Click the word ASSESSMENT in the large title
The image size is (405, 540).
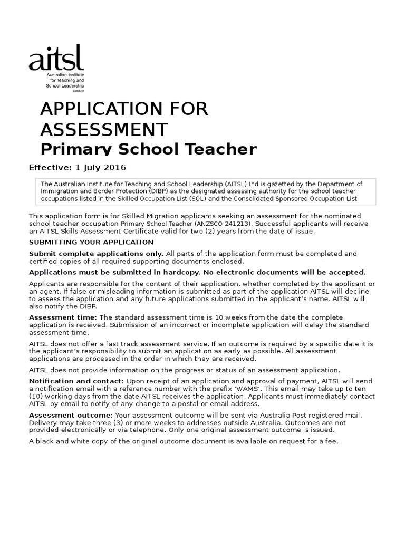point(104,129)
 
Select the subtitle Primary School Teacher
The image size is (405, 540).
point(149,149)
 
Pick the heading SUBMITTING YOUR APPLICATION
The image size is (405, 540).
point(91,242)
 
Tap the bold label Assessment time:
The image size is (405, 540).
point(63,317)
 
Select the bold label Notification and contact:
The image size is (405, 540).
point(76,381)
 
